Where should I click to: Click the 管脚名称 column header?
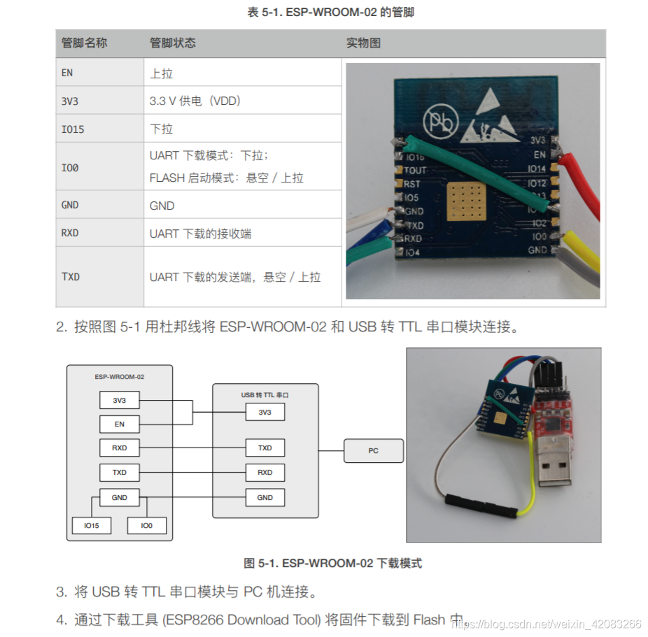(85, 43)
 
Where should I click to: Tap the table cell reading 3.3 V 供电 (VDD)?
(195, 101)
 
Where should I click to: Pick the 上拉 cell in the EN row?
(162, 73)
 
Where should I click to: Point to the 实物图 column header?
(364, 43)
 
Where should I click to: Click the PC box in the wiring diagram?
(373, 451)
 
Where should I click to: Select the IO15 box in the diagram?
(92, 525)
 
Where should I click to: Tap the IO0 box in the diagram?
(146, 525)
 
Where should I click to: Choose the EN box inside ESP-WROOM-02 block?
(120, 424)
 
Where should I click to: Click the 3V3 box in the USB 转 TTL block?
(265, 412)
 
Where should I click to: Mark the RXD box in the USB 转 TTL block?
(265, 473)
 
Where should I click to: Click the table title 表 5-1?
(330, 13)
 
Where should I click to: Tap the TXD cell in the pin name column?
(71, 277)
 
